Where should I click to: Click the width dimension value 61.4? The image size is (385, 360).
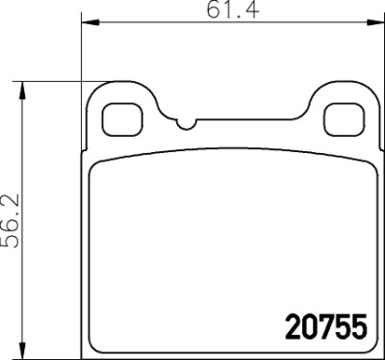pyautogui.click(x=233, y=10)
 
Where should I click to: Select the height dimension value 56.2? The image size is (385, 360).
pyautogui.click(x=11, y=220)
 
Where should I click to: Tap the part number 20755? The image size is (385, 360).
pyautogui.click(x=326, y=326)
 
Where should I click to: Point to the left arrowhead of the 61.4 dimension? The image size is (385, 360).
pyautogui.click(x=90, y=22)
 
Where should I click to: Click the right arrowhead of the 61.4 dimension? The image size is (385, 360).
pyautogui.click(x=375, y=22)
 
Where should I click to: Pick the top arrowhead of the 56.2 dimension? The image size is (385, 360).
pyautogui.click(x=22, y=90)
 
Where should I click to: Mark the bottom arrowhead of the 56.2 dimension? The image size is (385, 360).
pyautogui.click(x=22, y=349)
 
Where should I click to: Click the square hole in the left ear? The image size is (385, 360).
pyautogui.click(x=122, y=119)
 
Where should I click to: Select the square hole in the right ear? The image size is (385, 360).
pyautogui.click(x=345, y=119)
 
